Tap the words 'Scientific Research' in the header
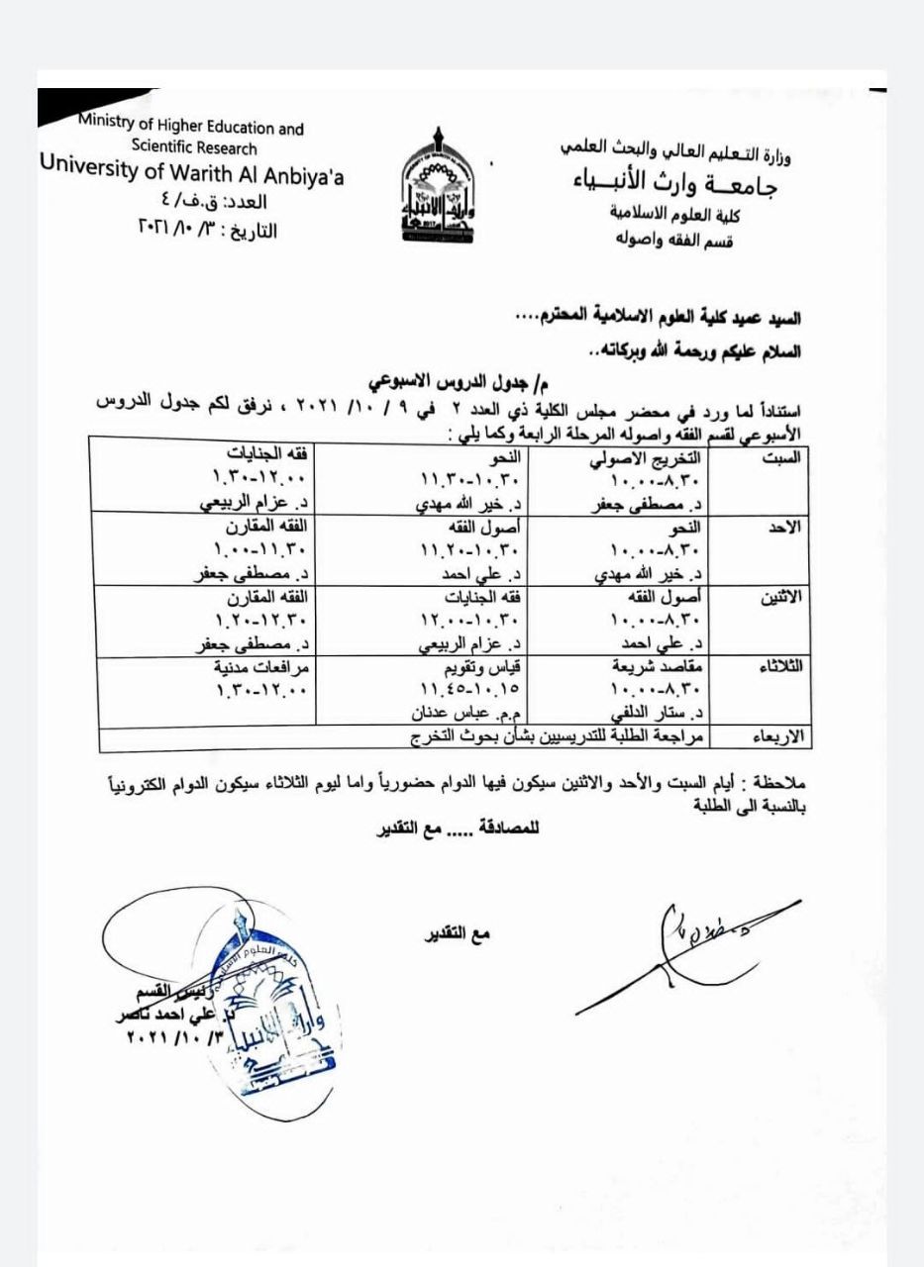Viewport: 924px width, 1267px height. pyautogui.click(x=194, y=148)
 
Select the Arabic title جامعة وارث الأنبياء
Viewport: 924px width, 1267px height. pyautogui.click(x=674, y=185)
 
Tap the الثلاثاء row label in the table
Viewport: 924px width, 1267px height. pyautogui.click(x=782, y=666)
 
